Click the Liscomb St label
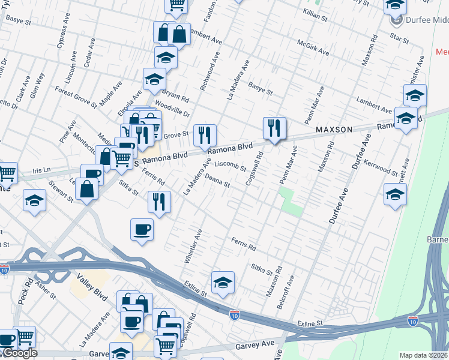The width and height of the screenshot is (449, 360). (231, 165)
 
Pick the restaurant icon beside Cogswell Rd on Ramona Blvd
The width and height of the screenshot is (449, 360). (274, 128)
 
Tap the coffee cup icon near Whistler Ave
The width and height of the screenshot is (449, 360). (142, 230)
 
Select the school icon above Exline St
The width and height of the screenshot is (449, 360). (223, 283)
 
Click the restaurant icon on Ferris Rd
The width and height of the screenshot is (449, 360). (159, 202)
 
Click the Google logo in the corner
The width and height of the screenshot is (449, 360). (19, 353)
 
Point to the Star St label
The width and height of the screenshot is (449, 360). (399, 40)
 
